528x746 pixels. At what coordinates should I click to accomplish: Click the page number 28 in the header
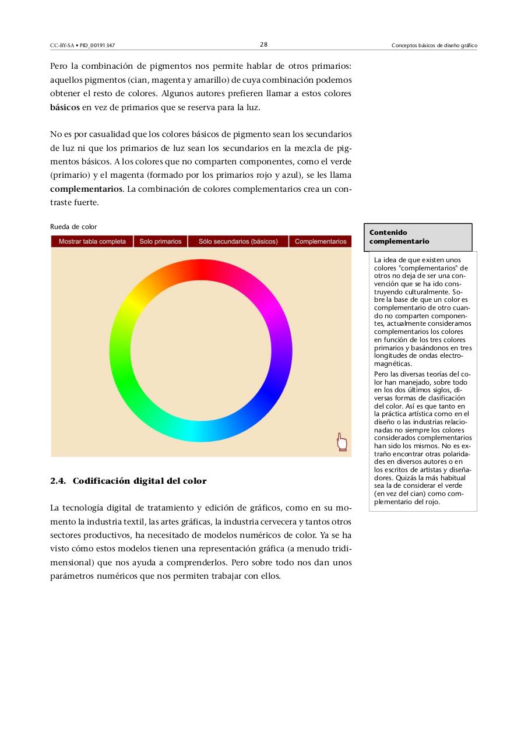[x=263, y=45]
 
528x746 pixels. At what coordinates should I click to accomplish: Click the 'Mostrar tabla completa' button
[x=92, y=241]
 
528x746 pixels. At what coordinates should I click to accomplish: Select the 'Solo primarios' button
[x=160, y=241]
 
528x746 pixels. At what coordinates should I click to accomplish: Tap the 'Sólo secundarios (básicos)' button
[x=238, y=241]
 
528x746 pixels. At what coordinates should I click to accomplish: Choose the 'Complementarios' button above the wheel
[x=321, y=241]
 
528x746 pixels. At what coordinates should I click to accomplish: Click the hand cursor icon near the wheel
[x=342, y=442]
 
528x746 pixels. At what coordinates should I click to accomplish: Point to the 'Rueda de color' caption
[x=73, y=227]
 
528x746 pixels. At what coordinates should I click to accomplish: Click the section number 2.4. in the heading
[x=59, y=481]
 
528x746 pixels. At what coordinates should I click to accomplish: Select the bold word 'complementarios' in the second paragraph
[x=86, y=189]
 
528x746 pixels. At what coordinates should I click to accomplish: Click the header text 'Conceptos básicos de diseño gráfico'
[x=434, y=45]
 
